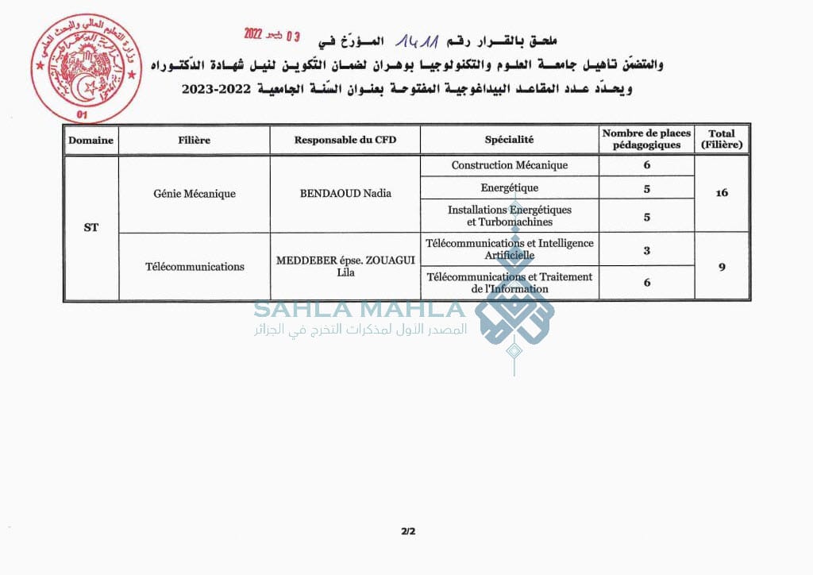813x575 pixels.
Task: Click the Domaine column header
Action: point(91,140)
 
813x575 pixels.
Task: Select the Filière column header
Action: point(195,140)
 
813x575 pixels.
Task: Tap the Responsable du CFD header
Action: point(345,140)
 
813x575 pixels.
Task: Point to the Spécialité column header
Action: point(509,140)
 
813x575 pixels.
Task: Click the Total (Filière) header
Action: point(721,140)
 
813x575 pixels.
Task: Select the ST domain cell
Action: point(91,227)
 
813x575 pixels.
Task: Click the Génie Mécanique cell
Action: point(195,193)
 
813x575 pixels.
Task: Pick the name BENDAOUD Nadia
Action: point(345,193)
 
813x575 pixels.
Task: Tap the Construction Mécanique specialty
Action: point(509,165)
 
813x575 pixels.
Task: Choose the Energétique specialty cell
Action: point(509,188)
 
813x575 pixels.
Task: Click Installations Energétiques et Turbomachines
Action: point(509,216)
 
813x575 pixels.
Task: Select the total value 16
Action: point(721,193)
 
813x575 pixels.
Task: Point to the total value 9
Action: point(721,267)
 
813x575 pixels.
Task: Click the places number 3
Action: point(646,250)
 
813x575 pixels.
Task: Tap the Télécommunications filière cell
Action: point(195,267)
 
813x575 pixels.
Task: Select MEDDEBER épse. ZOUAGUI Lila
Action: point(345,267)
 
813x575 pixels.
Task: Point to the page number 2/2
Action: point(408,531)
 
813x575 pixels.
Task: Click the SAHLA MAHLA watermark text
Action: point(359,309)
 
